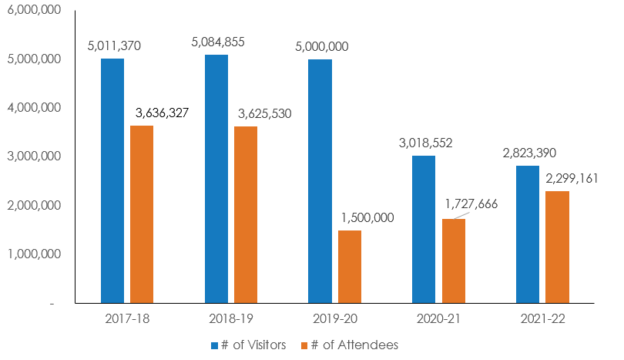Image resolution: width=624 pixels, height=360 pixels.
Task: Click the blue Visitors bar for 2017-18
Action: click(x=112, y=181)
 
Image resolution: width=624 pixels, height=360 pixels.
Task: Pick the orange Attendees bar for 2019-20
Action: click(x=350, y=267)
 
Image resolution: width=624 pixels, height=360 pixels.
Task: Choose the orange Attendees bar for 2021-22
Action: click(x=558, y=247)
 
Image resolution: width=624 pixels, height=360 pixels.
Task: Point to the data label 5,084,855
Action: click(x=218, y=42)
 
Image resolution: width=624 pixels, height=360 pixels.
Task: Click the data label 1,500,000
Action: click(x=367, y=217)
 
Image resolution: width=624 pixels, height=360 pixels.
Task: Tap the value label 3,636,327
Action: click(x=162, y=113)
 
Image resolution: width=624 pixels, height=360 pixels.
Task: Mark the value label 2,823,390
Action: click(x=528, y=153)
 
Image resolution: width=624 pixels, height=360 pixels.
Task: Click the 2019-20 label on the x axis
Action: click(x=334, y=318)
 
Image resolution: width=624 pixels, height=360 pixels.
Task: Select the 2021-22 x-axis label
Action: click(x=542, y=318)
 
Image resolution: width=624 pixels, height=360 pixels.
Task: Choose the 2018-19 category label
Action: click(x=230, y=318)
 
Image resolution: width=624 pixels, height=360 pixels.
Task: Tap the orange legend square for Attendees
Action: click(x=304, y=345)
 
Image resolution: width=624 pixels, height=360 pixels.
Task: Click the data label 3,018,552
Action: click(x=425, y=143)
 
